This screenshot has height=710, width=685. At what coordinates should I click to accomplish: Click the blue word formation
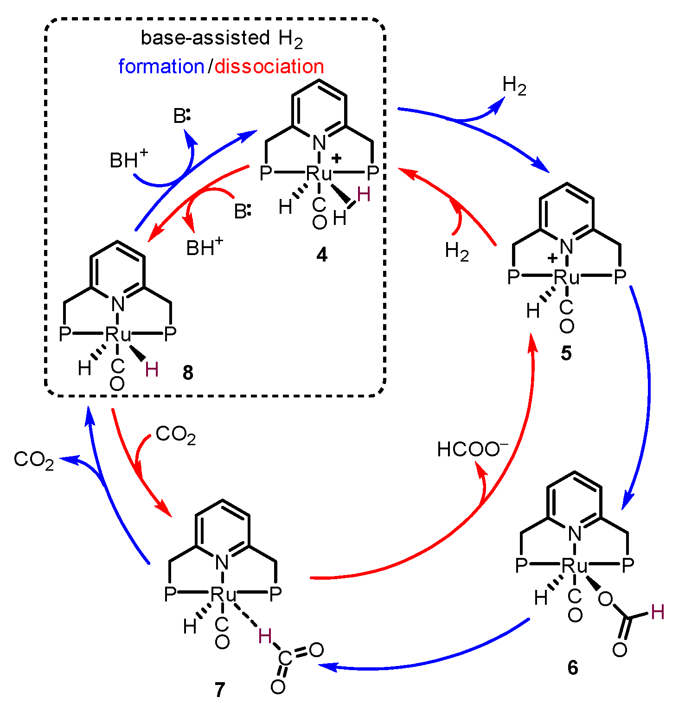[161, 67]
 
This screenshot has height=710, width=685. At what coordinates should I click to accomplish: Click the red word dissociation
[269, 67]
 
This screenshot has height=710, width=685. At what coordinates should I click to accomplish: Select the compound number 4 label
[322, 255]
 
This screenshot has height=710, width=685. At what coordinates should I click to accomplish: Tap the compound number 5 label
[566, 353]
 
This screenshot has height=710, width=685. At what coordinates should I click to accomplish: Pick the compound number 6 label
[573, 668]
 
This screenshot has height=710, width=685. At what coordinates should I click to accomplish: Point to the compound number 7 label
[220, 691]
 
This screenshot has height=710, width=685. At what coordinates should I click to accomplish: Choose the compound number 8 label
[188, 373]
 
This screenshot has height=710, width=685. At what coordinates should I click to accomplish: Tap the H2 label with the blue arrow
[514, 86]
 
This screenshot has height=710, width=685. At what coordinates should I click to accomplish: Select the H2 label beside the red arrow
[457, 252]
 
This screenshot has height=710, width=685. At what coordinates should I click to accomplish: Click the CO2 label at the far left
[34, 460]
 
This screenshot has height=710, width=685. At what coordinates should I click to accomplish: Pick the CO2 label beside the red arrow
[175, 435]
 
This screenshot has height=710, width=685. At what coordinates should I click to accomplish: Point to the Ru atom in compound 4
[320, 173]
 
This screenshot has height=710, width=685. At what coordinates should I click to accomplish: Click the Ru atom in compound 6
[575, 566]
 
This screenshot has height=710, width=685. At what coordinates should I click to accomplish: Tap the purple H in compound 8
[152, 370]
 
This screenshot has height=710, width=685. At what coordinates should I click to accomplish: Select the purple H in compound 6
[658, 613]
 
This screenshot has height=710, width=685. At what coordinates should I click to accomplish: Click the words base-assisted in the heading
[205, 38]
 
